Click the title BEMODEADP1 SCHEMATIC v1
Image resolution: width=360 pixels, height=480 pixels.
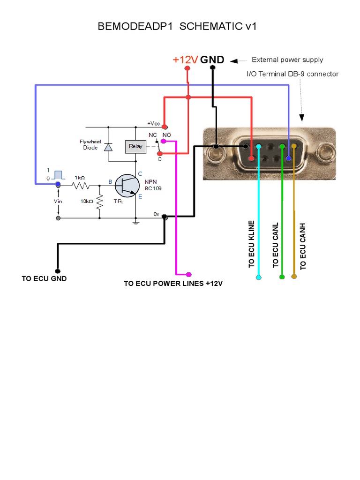[177, 27]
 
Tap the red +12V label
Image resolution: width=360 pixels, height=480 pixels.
[185, 60]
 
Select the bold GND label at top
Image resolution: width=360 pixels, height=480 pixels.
[212, 60]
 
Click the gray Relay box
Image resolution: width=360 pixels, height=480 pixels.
[135, 146]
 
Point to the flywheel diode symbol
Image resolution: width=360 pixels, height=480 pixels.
[108, 147]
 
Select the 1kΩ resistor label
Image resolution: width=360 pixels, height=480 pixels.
[80, 178]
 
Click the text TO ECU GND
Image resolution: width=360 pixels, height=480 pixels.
[44, 278]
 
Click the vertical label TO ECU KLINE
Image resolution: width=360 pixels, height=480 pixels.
[251, 244]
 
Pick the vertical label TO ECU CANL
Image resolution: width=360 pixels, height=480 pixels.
[276, 245]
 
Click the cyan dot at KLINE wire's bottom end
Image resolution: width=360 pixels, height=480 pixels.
[259, 277]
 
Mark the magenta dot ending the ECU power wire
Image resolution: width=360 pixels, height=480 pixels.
[189, 274]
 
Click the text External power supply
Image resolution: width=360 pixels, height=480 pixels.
[287, 60]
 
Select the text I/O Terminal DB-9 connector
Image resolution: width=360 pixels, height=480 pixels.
[292, 74]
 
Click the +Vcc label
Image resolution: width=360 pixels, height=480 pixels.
[153, 123]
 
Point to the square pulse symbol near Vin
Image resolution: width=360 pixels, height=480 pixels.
[59, 175]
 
